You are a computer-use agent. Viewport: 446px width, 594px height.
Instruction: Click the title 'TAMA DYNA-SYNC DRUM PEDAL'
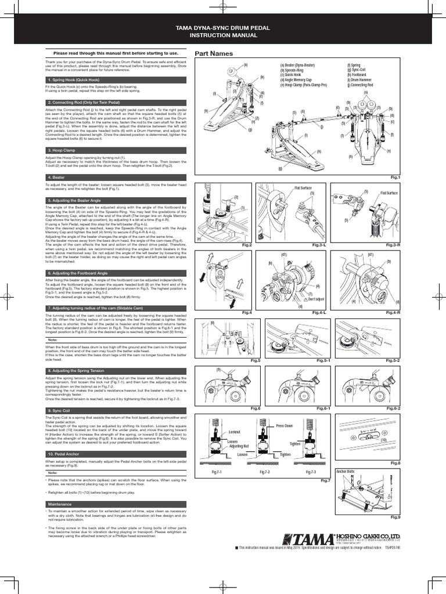[223, 27]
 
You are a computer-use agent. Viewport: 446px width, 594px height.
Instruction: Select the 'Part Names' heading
[214, 53]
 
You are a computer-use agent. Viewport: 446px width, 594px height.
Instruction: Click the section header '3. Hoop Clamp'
[62, 150]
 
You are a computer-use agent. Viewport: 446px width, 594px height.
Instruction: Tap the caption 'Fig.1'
[395, 176]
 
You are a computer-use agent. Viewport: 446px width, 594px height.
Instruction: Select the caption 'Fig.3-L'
[323, 245]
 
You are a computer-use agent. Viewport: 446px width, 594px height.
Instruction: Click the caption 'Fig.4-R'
[393, 312]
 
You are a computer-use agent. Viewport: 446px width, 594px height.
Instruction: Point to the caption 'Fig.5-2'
[393, 360]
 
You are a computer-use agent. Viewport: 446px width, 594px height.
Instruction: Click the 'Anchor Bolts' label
[346, 472]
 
